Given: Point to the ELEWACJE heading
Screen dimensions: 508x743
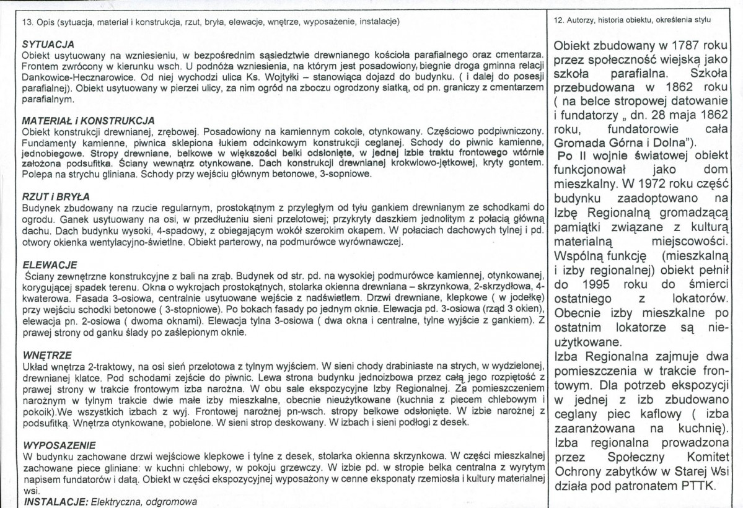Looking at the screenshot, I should coord(43,263).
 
